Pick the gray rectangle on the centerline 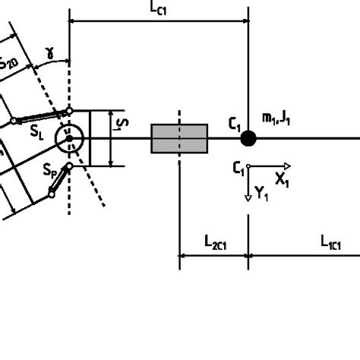click(179, 138)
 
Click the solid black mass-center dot click(248, 138)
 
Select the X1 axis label click(282, 181)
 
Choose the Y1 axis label click(262, 194)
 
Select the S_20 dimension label click(10, 64)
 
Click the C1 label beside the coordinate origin click(240, 166)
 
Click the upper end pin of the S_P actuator click(69, 166)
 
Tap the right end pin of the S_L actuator click(69, 111)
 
